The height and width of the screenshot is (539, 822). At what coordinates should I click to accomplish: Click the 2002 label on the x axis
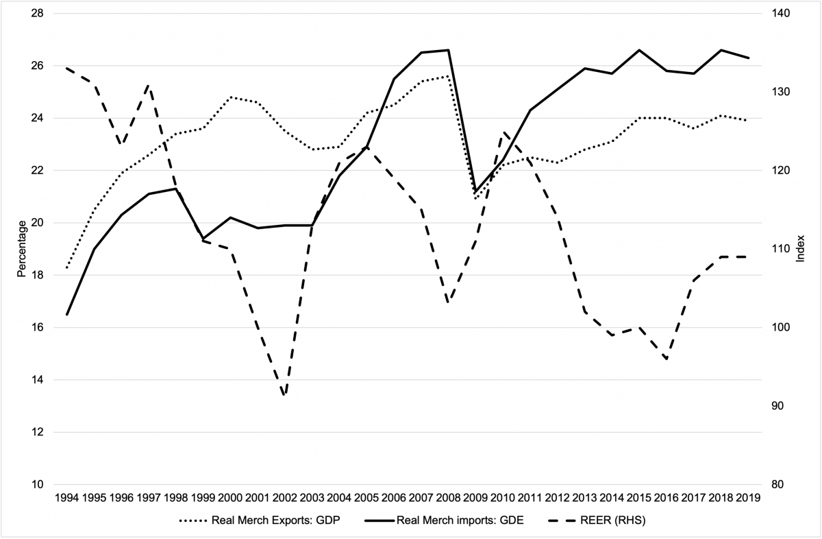(x=284, y=498)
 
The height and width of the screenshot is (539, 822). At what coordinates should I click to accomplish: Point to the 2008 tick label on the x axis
(x=448, y=498)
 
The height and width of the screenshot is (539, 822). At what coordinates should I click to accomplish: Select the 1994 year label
(x=66, y=498)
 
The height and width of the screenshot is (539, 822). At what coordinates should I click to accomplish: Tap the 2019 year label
(x=748, y=498)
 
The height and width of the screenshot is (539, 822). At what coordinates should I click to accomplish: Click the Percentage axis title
(x=21, y=248)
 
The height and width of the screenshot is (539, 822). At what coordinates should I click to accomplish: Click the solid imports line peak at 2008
(x=448, y=50)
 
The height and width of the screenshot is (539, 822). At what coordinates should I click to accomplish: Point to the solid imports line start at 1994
(x=66, y=314)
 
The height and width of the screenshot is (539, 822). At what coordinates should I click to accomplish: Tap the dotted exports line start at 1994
(x=66, y=267)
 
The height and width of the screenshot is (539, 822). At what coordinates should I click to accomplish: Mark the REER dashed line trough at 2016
(x=666, y=359)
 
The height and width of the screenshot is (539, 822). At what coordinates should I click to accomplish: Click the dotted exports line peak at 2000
(x=230, y=97)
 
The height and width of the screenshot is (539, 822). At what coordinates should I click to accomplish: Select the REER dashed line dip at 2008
(x=448, y=302)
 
